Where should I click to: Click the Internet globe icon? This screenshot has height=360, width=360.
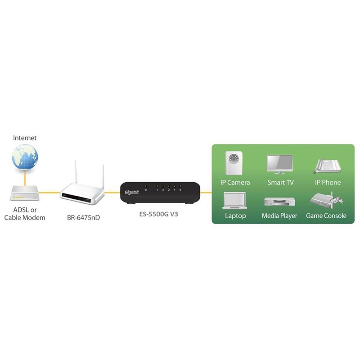(x=25, y=158)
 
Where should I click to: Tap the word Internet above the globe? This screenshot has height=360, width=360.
(x=25, y=138)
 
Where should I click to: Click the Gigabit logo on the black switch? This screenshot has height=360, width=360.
(x=130, y=193)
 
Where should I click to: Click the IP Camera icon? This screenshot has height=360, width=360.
(x=235, y=163)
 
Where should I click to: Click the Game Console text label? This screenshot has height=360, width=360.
(x=326, y=216)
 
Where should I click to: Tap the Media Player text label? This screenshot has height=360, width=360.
(x=279, y=216)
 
